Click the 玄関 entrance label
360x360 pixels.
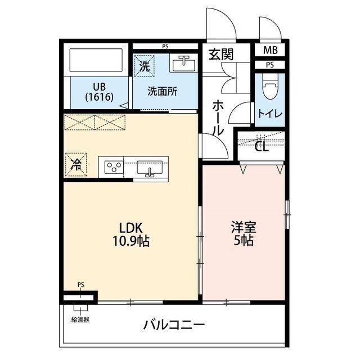tap(222, 55)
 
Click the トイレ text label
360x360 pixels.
tap(270, 113)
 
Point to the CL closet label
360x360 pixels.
tap(261, 147)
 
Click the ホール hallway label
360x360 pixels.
tap(218, 117)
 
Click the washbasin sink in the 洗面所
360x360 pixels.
tap(184, 65)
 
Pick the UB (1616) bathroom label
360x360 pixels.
tap(100, 92)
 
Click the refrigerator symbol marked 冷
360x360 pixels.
tap(75, 164)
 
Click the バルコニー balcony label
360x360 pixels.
tap(174, 325)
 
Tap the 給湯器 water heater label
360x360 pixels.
tap(79, 318)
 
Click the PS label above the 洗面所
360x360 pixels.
tap(165, 46)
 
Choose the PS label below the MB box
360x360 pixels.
tap(270, 65)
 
